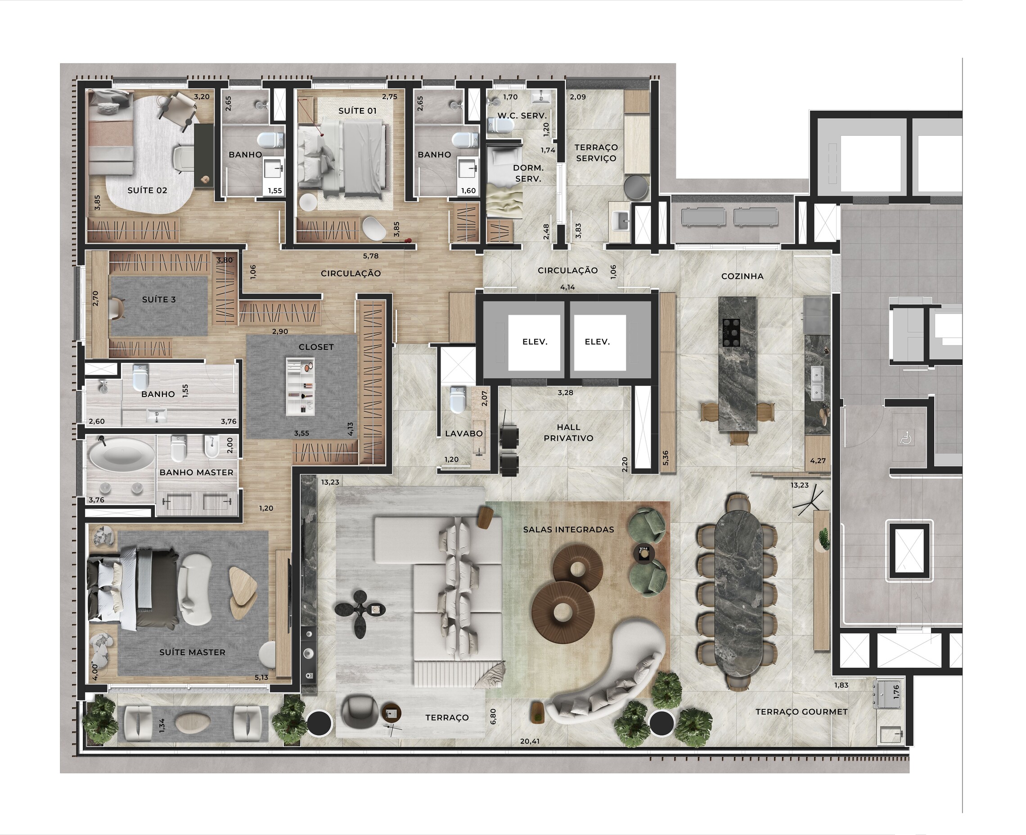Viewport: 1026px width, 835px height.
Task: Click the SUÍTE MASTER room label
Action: tap(192, 652)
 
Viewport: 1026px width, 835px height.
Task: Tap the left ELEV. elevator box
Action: tap(535, 342)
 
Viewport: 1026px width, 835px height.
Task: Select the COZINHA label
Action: tap(742, 276)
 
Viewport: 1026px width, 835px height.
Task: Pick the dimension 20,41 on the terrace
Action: tap(529, 741)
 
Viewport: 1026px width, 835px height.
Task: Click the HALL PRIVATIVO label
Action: tap(568, 433)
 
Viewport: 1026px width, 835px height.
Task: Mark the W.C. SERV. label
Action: tap(522, 116)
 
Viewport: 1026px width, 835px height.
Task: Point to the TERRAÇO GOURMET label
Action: tap(801, 711)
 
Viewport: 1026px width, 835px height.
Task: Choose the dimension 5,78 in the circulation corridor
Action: tap(370, 256)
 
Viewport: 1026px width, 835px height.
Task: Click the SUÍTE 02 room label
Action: tap(147, 190)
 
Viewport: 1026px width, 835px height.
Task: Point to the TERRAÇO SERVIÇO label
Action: tap(596, 152)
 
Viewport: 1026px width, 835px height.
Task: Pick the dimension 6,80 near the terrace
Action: tap(493, 716)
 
